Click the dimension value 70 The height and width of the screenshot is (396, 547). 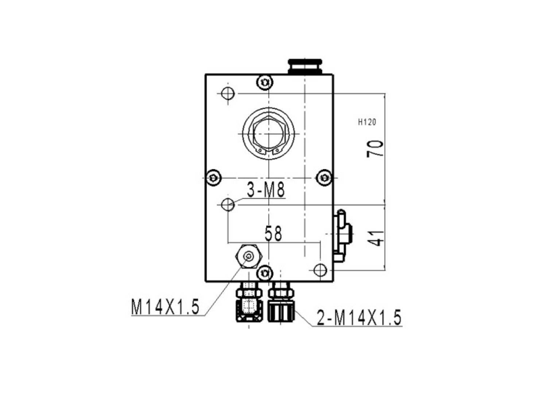pos(375,149)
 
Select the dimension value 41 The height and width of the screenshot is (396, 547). pos(375,238)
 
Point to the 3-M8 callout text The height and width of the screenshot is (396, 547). pos(266,190)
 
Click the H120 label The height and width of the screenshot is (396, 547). pos(367,122)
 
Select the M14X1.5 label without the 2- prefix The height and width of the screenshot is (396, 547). pos(165,307)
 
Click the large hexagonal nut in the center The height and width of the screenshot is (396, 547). pos(269,134)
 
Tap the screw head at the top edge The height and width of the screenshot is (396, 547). pos(265,82)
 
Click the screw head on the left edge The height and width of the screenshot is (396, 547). pos(214,178)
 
